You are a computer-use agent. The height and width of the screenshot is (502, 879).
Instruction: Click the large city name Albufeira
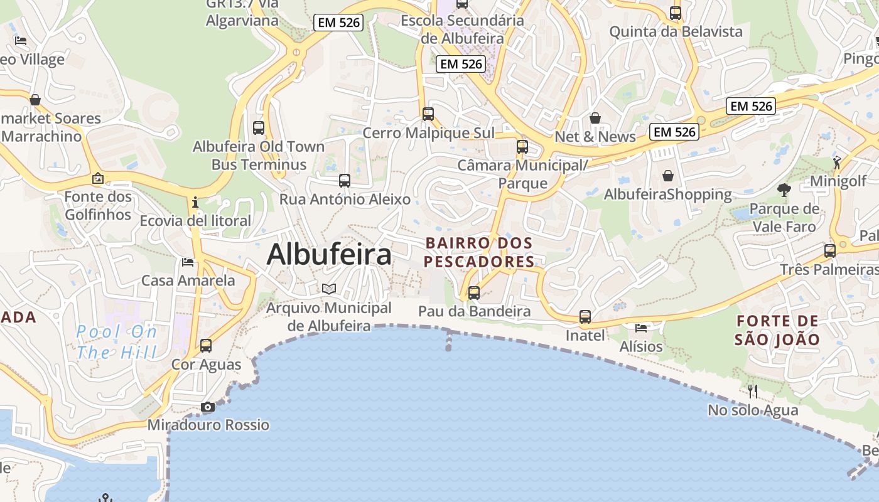[x=329, y=255]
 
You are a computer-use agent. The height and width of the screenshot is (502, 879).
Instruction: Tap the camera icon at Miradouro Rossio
[x=208, y=407]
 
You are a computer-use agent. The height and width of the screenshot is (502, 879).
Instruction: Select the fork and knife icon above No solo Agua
[x=753, y=392]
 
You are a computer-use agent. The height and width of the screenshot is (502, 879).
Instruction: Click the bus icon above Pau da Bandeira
[x=474, y=293]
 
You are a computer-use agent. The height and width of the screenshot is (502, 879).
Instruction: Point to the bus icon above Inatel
[x=585, y=317]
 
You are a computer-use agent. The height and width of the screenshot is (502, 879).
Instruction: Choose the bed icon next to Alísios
[x=641, y=328]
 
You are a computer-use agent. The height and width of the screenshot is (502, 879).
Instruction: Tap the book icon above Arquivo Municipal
[x=329, y=289]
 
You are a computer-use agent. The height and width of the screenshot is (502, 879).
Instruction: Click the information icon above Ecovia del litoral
[x=195, y=202]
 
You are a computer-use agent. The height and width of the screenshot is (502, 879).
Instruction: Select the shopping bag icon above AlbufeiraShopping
[x=668, y=176]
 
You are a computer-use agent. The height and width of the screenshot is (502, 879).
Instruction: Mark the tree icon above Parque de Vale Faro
[x=784, y=190]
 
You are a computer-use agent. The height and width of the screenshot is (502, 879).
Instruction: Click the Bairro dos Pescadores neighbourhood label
[x=479, y=252]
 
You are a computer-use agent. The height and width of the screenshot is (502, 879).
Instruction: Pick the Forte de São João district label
[x=778, y=331]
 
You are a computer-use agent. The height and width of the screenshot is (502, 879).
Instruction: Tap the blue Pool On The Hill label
[x=117, y=342]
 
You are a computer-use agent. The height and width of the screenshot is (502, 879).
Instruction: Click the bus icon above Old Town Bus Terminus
[x=259, y=128]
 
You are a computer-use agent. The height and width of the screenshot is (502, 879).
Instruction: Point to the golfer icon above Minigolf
[x=838, y=163]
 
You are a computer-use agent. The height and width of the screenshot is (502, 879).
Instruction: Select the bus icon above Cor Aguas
[x=206, y=346]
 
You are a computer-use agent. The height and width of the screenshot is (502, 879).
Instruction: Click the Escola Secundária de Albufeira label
[x=462, y=29]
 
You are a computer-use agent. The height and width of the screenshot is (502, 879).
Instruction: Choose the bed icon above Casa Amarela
[x=188, y=262]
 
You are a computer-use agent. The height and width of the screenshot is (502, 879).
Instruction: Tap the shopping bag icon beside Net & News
[x=595, y=118]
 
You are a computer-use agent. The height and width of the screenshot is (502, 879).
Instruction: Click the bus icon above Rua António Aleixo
[x=345, y=181]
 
